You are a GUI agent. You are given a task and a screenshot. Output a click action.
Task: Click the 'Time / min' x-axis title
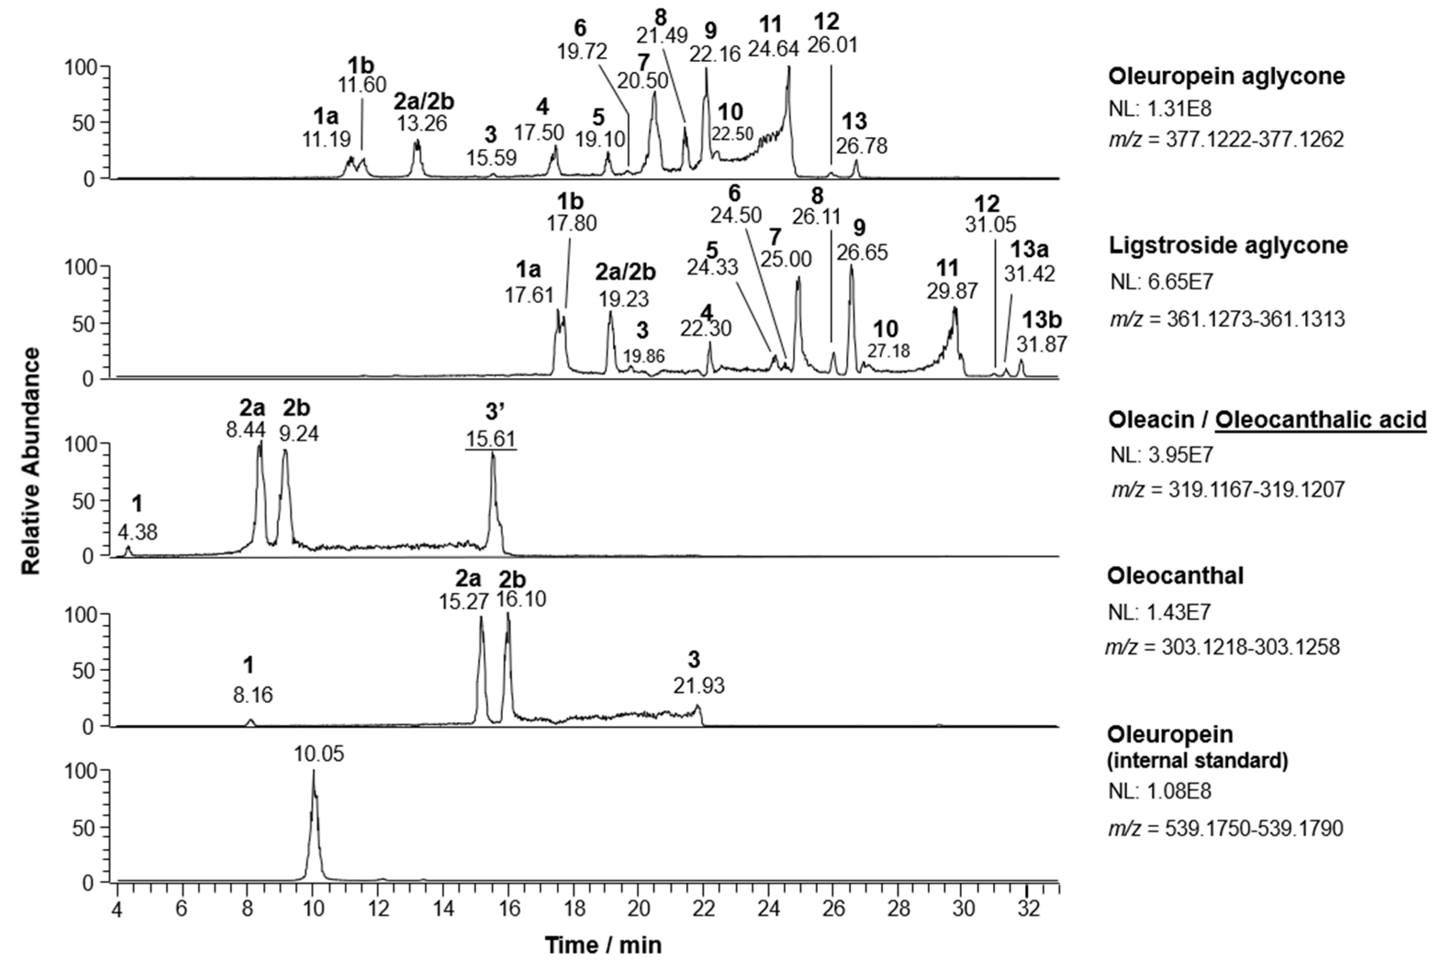pyautogui.click(x=603, y=945)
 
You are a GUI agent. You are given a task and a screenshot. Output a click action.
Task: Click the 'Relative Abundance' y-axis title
pyautogui.click(x=31, y=460)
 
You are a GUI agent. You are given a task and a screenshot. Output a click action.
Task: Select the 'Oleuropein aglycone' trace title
pyautogui.click(x=1227, y=76)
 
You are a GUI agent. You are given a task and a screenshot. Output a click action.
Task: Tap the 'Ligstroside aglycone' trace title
pyautogui.click(x=1228, y=245)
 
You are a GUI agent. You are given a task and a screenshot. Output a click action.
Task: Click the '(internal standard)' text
pyautogui.click(x=1198, y=760)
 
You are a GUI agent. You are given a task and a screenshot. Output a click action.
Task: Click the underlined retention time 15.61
pyautogui.click(x=491, y=439)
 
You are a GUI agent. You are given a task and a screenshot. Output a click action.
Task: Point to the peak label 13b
pyautogui.click(x=1042, y=320)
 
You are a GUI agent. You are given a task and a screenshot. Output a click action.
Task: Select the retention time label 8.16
pyautogui.click(x=253, y=695)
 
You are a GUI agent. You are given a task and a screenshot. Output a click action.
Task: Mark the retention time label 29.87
pyautogui.click(x=952, y=290)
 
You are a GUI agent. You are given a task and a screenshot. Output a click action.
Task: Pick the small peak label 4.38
pyautogui.click(x=138, y=532)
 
